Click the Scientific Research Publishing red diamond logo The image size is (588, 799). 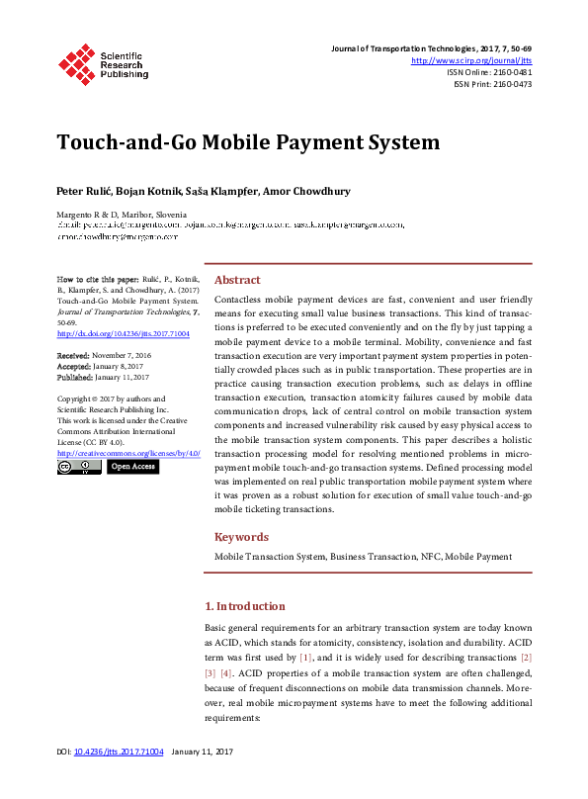click(77, 63)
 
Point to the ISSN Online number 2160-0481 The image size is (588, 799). click(509, 72)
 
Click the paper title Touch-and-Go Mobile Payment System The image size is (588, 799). click(248, 141)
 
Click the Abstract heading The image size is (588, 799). click(237, 280)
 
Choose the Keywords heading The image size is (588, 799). click(242, 537)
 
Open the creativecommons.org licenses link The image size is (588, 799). click(128, 452)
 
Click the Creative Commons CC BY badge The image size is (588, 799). click(78, 467)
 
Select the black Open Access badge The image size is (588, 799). click(132, 467)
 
